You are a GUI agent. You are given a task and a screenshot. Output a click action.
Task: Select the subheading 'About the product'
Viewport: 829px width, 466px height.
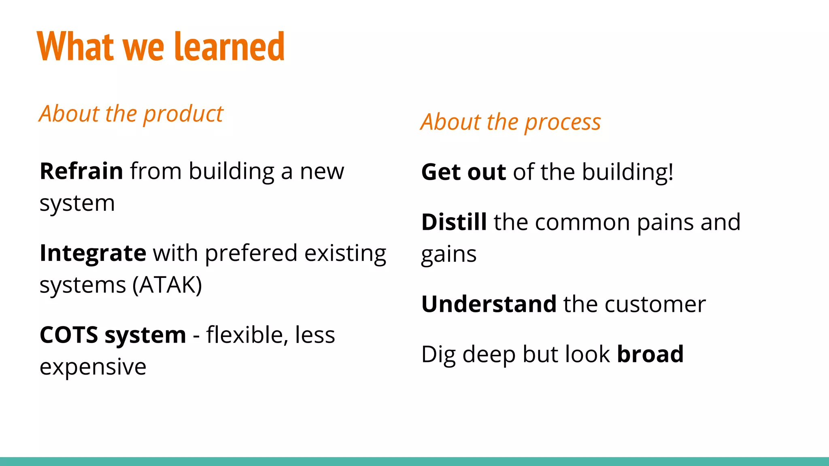131,114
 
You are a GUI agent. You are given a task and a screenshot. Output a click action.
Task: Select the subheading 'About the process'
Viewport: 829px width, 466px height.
510,122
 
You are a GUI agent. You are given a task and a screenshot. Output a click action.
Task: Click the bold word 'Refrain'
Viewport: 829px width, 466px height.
81,171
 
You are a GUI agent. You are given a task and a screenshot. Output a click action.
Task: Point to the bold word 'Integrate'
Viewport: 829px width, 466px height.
93,253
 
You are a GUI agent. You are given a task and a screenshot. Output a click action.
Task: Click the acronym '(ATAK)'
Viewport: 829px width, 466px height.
167,285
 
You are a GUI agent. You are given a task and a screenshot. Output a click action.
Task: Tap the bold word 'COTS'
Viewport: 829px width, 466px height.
69,335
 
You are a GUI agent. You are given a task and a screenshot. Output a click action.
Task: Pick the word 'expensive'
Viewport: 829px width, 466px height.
93,367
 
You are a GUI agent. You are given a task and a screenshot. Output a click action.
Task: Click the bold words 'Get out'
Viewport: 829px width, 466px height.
463,172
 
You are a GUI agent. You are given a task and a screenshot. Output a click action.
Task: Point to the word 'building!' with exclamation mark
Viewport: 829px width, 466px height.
628,172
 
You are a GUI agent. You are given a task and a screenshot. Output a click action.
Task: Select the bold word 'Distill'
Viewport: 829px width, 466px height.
454,222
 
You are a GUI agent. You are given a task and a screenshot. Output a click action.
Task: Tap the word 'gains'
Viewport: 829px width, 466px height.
449,255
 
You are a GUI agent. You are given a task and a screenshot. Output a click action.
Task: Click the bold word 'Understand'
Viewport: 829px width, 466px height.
489,304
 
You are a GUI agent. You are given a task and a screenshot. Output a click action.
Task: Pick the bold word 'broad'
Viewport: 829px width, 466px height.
650,354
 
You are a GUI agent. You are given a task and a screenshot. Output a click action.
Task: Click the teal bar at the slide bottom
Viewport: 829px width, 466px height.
414,462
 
